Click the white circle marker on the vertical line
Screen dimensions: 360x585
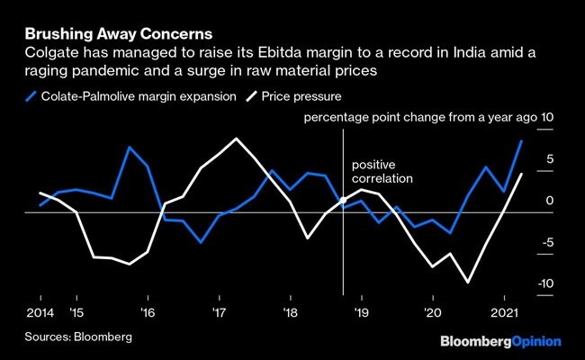click(x=343, y=199)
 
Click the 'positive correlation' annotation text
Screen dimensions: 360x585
click(x=381, y=172)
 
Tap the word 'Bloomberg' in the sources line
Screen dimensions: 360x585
click(x=103, y=337)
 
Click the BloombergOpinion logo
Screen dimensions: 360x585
click(x=499, y=341)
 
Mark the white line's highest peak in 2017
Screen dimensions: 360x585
click(x=236, y=139)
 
